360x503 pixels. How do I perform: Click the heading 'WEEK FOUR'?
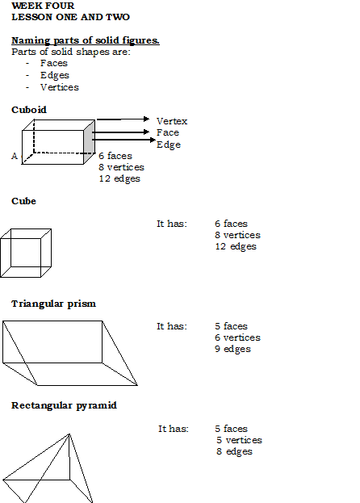pos(43,6)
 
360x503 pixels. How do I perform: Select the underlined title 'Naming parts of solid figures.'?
pos(86,40)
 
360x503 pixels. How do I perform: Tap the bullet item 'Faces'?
pos(54,63)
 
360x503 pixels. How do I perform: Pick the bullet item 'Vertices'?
pos(60,87)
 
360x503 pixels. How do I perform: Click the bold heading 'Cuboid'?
pos(29,110)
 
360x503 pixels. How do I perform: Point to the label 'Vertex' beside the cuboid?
pos(172,121)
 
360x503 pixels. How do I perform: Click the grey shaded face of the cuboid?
pos(89,142)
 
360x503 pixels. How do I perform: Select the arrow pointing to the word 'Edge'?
pos(123,140)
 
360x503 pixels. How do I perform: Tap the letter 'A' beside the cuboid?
pos(15,156)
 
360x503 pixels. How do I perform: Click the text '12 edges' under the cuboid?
pos(119,178)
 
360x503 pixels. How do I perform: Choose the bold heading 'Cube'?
pos(23,201)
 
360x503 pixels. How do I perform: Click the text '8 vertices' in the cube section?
pos(237,235)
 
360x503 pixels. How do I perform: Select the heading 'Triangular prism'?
pos(53,304)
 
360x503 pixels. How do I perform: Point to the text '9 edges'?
pos(232,349)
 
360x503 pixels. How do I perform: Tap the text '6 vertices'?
pos(237,337)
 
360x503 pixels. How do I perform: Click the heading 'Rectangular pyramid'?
pos(64,405)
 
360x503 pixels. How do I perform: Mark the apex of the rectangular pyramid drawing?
pos(69,434)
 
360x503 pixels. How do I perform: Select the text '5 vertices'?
pos(239,440)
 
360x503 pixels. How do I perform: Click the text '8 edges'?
pos(234,451)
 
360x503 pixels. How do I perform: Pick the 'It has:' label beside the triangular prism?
pos(172,326)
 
